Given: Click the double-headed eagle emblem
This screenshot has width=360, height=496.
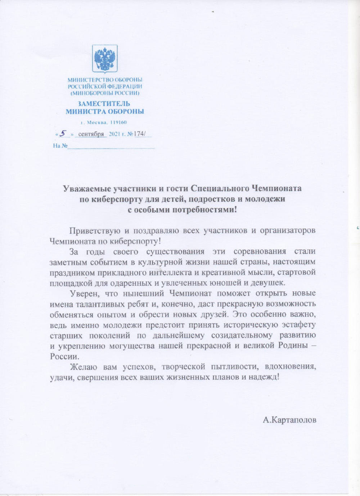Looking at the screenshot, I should (x=105, y=58).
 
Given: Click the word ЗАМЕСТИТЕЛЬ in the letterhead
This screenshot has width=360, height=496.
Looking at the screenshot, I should (x=104, y=104).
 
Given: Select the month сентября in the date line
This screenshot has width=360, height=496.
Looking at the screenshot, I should (x=91, y=134).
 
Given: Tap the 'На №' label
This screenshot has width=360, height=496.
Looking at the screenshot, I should (x=60, y=146).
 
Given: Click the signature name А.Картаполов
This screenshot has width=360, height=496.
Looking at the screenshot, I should (x=289, y=420).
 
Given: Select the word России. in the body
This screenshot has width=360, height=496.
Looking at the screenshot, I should (x=64, y=356).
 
